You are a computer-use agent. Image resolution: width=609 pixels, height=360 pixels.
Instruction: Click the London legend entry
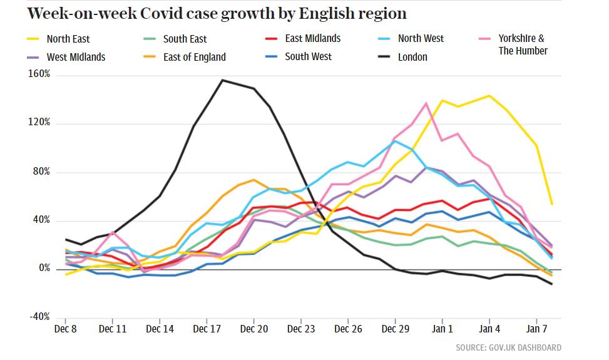pyautogui.click(x=412, y=57)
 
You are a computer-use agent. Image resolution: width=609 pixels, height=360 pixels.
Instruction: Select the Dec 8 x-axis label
pyautogui.click(x=66, y=328)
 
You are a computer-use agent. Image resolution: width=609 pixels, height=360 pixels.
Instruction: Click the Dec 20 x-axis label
pyautogui.click(x=254, y=328)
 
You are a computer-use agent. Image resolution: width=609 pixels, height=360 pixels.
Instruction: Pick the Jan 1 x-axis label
pyautogui.click(x=442, y=328)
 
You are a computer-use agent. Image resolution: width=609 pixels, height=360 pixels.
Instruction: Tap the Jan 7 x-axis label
pyautogui.click(x=536, y=328)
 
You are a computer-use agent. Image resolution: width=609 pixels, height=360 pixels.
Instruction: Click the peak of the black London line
pyautogui.click(x=223, y=80)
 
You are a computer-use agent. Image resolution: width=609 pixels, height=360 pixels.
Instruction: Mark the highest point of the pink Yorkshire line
pyautogui.click(x=426, y=103)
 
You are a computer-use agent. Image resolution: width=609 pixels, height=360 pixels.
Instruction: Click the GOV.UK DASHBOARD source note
pyautogui.click(x=508, y=347)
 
